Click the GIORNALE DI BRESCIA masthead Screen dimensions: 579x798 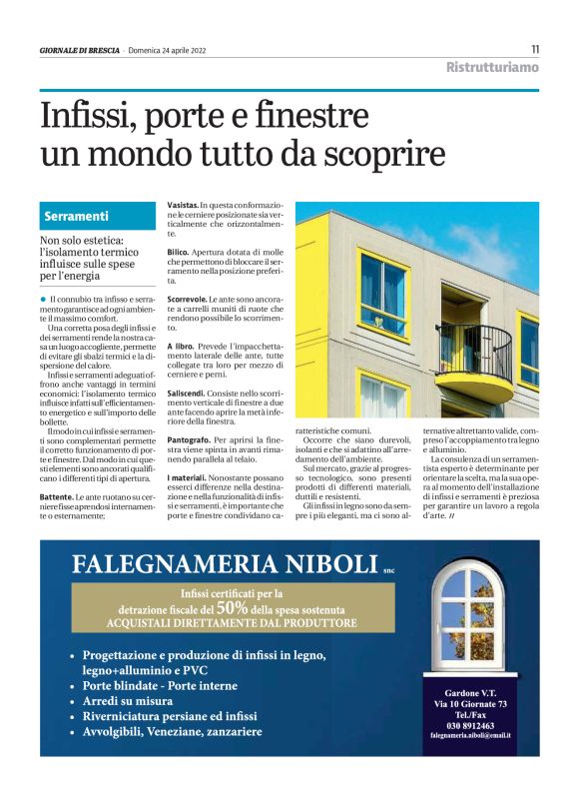click(x=80, y=51)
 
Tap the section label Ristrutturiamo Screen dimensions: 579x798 click(x=492, y=67)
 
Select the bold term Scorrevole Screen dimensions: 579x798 click(x=187, y=299)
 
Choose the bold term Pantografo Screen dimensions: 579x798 click(x=189, y=439)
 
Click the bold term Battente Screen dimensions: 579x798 click(x=56, y=495)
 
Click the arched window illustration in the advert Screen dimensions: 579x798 click(x=468, y=620)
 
